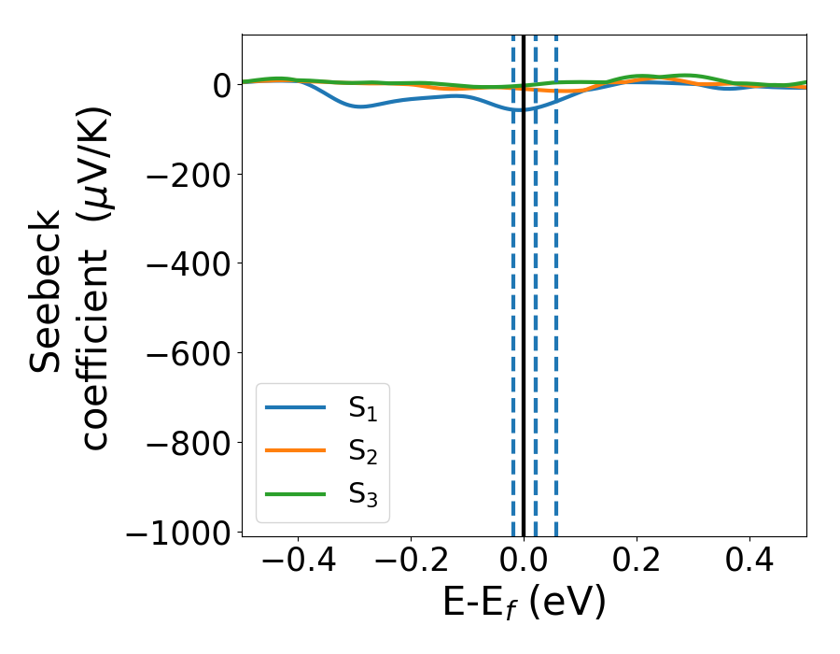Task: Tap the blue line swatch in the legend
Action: [x=296, y=407]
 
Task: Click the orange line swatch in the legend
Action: [x=296, y=450]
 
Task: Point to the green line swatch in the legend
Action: [x=296, y=493]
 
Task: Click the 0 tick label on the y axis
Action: [x=222, y=85]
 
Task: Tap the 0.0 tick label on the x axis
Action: [x=524, y=563]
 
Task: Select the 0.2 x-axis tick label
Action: [x=637, y=563]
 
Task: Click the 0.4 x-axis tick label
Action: [x=749, y=563]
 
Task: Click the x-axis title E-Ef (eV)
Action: [x=524, y=604]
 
